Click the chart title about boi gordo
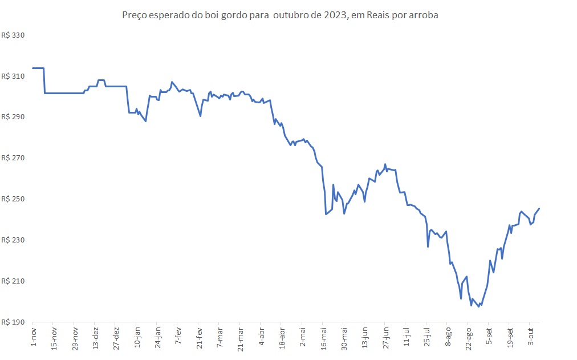point(280,15)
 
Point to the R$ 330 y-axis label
point(15,35)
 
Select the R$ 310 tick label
point(15,76)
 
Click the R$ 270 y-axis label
point(15,158)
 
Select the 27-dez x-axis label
point(116,338)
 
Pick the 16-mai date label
point(323,338)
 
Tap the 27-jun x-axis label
point(386,338)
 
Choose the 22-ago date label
point(469,338)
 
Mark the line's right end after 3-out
point(539,209)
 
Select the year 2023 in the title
point(335,15)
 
